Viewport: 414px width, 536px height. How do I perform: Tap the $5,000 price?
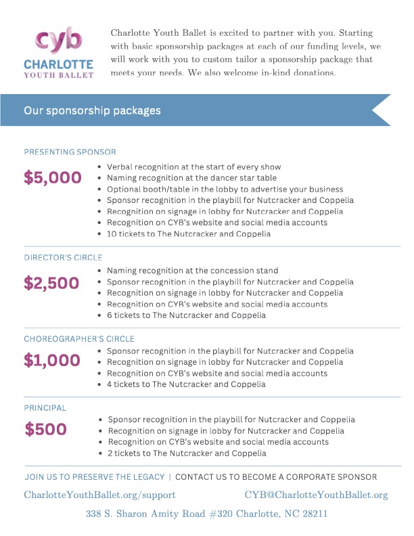53,178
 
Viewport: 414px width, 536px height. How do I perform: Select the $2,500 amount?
51,283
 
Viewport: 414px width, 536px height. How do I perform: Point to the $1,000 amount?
52,361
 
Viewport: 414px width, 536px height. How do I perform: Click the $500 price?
46,429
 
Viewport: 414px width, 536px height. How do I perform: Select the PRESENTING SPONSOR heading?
70,152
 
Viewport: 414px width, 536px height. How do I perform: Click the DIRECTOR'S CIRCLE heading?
63,258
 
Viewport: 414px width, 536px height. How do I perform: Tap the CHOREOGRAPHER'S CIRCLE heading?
79,338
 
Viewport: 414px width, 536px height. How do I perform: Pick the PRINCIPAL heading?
45,408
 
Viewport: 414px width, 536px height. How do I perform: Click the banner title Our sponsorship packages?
93,110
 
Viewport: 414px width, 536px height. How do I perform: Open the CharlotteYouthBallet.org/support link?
100,495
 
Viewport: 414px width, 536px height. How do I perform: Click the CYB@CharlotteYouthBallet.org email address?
316,495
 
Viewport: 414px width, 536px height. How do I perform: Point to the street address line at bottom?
207,514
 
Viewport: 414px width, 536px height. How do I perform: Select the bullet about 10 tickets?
189,234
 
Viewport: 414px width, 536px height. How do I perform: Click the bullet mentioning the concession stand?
192,271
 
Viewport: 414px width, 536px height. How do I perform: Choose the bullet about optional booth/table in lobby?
225,189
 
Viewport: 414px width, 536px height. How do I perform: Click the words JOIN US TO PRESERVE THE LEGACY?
95,477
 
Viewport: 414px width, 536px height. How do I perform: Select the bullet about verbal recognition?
193,167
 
